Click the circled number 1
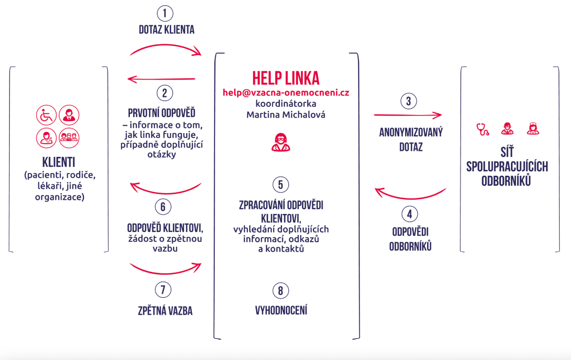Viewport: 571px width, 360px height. [x=165, y=14]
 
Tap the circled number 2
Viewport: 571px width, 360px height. [x=165, y=93]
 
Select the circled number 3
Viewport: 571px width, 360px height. [x=409, y=101]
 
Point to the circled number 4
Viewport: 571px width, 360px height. [x=410, y=214]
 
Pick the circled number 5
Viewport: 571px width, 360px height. [x=281, y=185]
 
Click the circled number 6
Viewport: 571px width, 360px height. [x=163, y=207]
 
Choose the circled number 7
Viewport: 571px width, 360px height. [x=163, y=290]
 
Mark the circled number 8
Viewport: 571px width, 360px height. [x=281, y=291]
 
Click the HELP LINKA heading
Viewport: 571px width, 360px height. [x=285, y=78]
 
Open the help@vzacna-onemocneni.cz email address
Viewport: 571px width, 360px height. [x=286, y=92]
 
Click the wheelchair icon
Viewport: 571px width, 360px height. [x=46, y=115]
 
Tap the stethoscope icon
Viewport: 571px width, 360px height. [x=482, y=129]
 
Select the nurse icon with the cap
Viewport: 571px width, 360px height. [x=533, y=129]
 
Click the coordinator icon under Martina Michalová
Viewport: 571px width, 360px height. [x=281, y=142]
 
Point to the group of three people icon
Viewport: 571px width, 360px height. [x=69, y=138]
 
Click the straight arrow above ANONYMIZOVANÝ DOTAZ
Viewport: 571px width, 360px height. [x=408, y=115]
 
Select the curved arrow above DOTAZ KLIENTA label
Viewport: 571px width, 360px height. [x=166, y=50]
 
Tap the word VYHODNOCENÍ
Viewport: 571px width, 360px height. [x=281, y=310]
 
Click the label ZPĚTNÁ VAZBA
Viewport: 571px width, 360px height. [x=165, y=311]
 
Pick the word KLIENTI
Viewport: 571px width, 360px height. [x=59, y=162]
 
